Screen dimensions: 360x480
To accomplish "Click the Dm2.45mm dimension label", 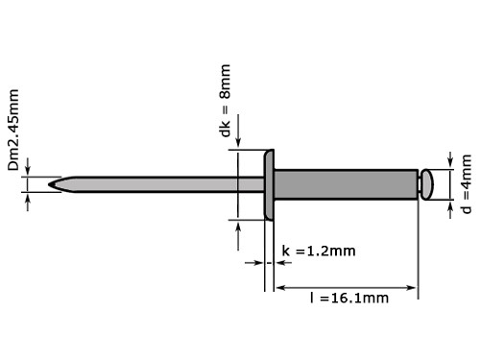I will pos(13,131).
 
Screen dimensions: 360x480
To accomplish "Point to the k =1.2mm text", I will pos(318,252).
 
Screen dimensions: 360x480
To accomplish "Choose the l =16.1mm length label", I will pos(348,298).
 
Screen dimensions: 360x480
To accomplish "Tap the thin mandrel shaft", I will pos(154,181).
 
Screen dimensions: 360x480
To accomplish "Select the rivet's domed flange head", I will pos(270,182).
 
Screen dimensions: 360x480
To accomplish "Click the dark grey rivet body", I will pos(346,182).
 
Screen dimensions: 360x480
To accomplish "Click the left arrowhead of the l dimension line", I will pos(280,286).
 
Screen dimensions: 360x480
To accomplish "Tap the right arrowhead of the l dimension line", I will pos(413,286).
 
